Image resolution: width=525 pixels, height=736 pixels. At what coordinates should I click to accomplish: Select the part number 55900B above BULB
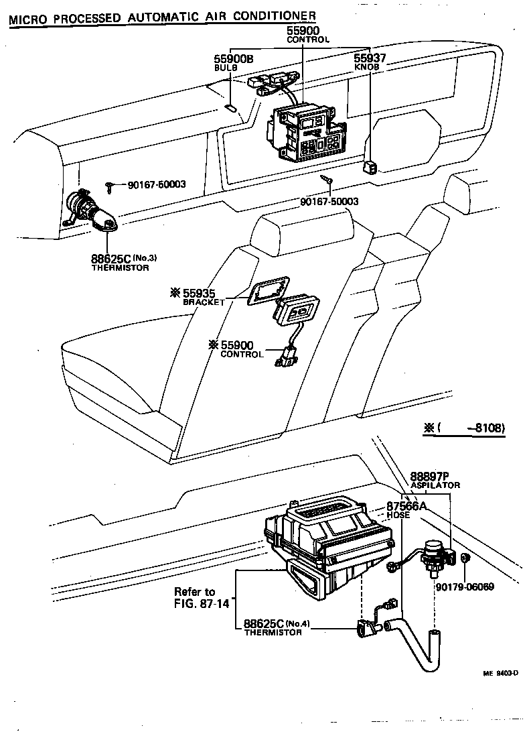(x=234, y=60)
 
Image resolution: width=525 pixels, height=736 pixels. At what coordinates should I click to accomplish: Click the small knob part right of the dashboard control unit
(x=369, y=166)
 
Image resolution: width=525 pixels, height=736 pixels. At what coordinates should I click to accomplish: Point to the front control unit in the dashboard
(x=309, y=133)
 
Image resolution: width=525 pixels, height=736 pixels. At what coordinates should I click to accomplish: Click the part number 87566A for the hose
(x=406, y=506)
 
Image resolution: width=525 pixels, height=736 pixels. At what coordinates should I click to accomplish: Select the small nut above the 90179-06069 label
(x=466, y=558)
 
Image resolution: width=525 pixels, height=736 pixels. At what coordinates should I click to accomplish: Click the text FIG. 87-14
(x=202, y=603)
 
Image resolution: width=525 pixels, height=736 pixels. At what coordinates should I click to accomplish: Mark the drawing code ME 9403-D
(x=501, y=674)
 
